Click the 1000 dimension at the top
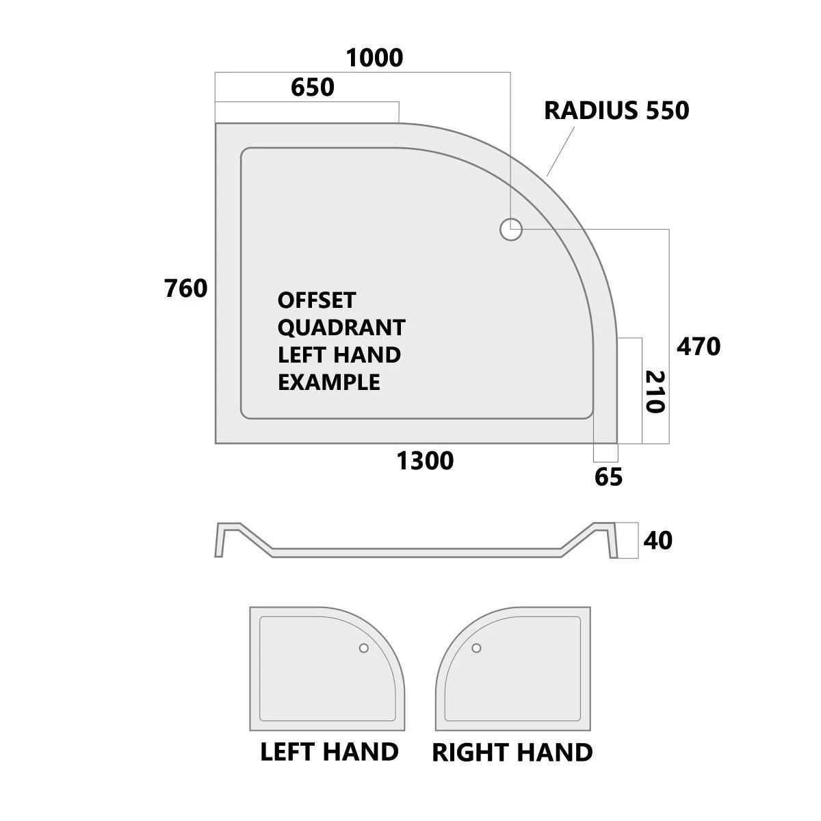(374, 58)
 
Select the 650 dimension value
(312, 88)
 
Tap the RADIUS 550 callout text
(616, 110)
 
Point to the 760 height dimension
(186, 289)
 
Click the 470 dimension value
(699, 346)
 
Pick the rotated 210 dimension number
(655, 392)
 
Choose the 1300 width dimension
(425, 461)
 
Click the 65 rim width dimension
(608, 477)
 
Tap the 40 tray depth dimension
(657, 540)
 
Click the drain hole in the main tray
(511, 230)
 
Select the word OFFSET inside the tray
(316, 300)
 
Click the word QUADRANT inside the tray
(341, 328)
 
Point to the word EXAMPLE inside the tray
(329, 382)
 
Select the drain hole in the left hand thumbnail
(364, 648)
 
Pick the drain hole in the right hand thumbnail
(477, 648)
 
